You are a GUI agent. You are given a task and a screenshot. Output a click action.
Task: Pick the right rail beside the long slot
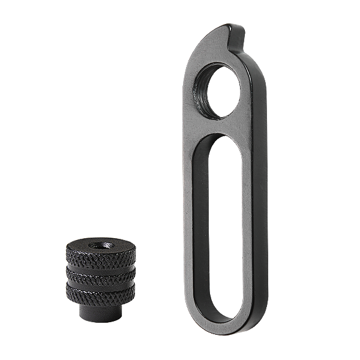[248, 228]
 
